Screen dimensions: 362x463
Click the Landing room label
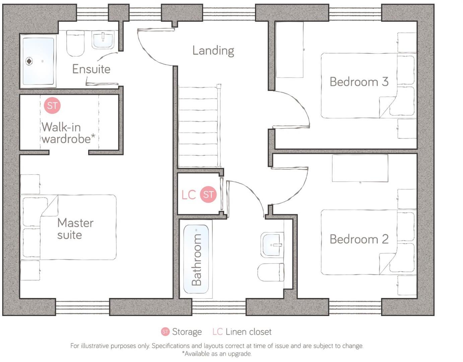tap(213, 51)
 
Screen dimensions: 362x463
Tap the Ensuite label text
tap(91, 69)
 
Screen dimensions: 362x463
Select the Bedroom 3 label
tap(359, 82)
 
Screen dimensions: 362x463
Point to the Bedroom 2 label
tap(359, 239)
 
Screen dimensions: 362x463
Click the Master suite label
tap(75, 229)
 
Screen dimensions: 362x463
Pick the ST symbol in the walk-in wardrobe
tap(52, 106)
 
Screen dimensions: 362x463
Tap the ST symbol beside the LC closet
tap(208, 194)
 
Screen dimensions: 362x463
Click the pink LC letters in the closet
tap(189, 195)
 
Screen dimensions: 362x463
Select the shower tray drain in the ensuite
tap(29, 61)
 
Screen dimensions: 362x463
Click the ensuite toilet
tap(75, 44)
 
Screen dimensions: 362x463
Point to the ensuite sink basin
tap(103, 40)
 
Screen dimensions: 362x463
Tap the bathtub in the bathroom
tap(196, 259)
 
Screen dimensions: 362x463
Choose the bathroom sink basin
tap(272, 245)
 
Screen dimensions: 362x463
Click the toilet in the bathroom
tap(271, 272)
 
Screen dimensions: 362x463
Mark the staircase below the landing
tap(199, 127)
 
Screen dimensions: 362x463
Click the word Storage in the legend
tap(187, 332)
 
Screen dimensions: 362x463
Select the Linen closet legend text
tap(248, 332)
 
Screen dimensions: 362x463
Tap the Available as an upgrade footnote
tap(216, 354)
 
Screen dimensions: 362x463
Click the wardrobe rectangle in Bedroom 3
tap(289, 50)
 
